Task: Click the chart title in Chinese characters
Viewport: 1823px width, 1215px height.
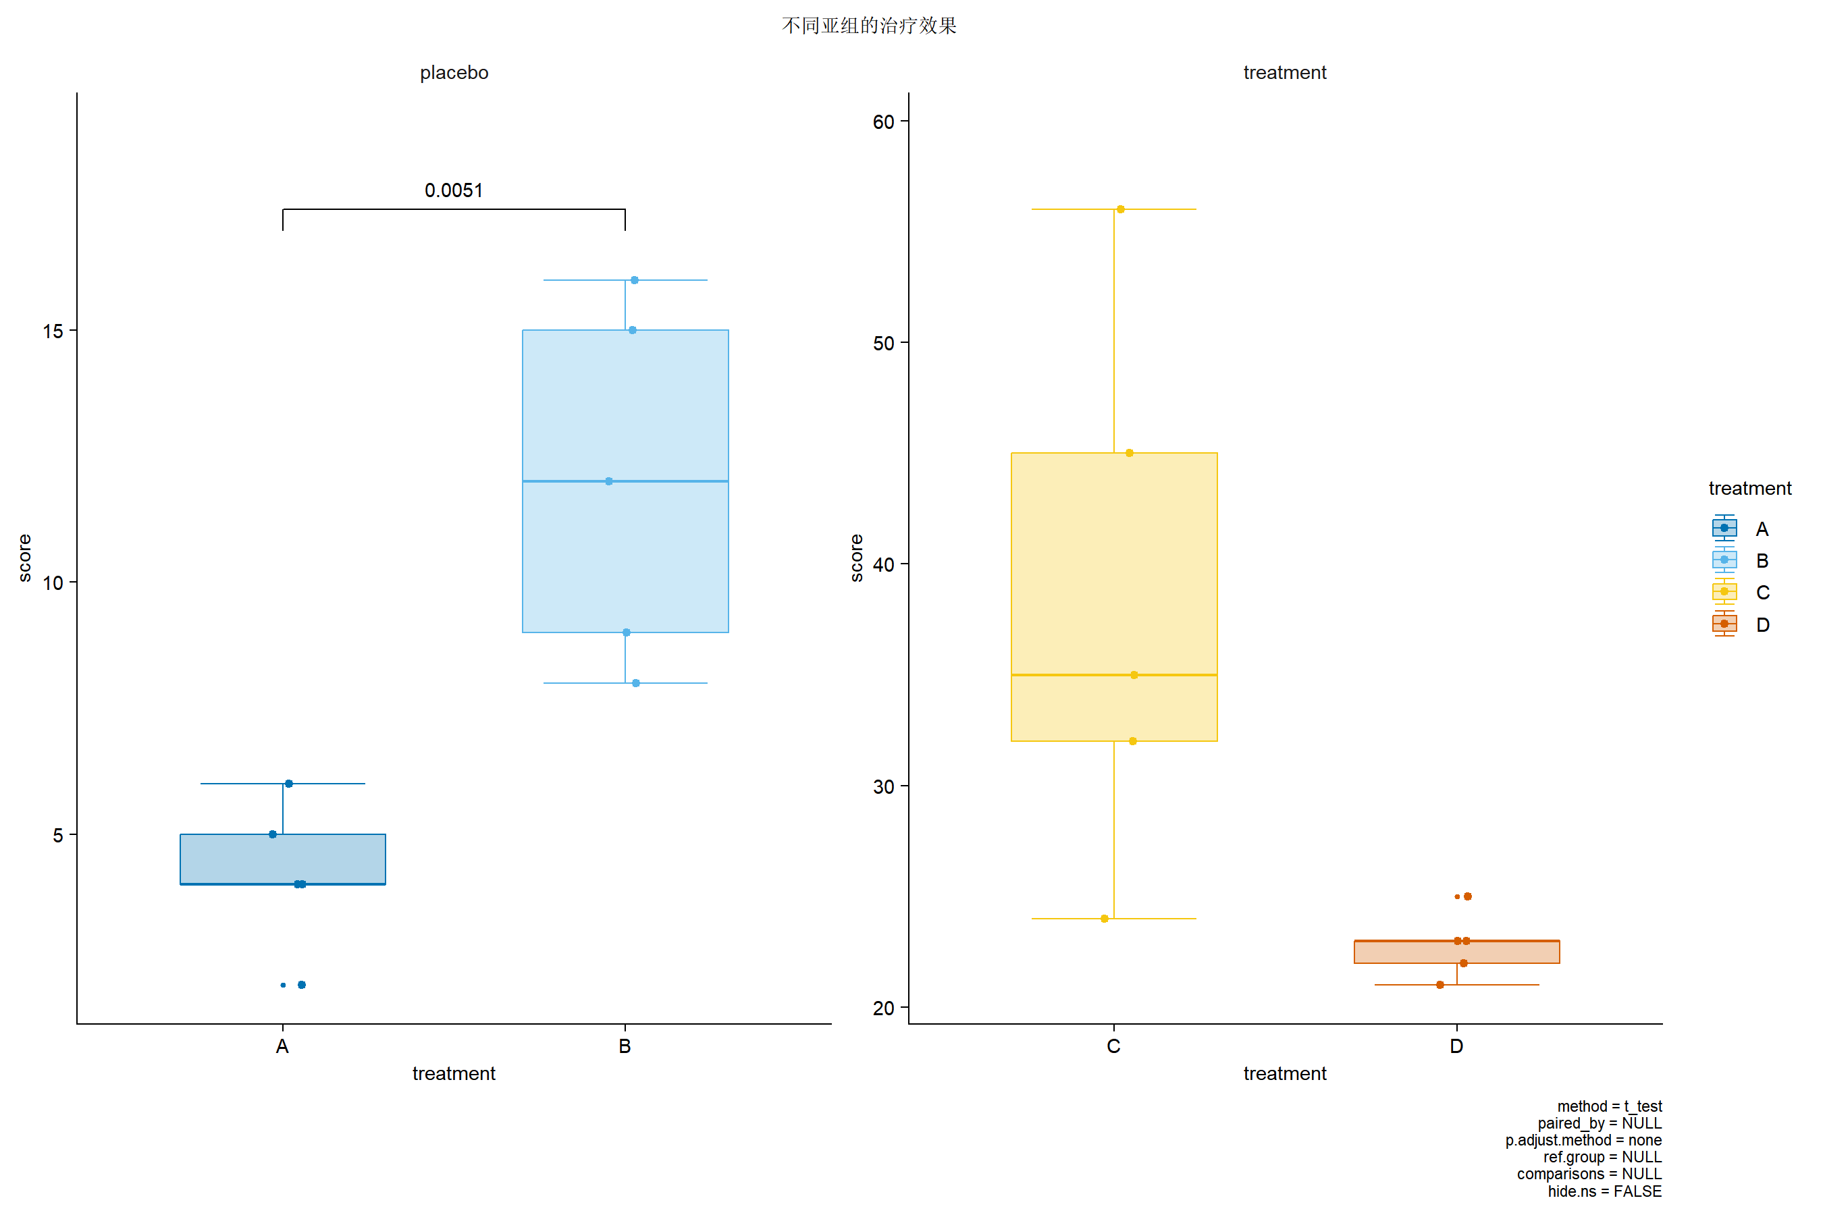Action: pos(869,26)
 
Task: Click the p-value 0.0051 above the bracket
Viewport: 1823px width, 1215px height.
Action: pos(454,190)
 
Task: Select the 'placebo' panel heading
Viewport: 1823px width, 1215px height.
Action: pos(454,73)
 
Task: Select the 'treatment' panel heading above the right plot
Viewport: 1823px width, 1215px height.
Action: pos(1284,73)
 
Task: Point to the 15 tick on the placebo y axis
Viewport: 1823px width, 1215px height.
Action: pos(53,331)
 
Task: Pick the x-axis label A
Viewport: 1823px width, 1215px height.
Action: pos(282,1047)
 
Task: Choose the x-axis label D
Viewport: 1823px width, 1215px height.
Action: pos(1456,1047)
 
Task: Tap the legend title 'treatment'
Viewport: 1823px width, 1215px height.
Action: pos(1749,489)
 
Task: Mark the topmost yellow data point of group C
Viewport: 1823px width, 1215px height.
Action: pos(1121,209)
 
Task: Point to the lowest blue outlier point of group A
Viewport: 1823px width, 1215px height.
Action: pos(302,985)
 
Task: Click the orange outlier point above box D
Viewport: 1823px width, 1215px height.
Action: pos(1467,896)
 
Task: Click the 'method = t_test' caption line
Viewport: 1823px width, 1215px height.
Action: pos(1609,1106)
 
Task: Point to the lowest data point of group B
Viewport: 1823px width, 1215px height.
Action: pos(635,683)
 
